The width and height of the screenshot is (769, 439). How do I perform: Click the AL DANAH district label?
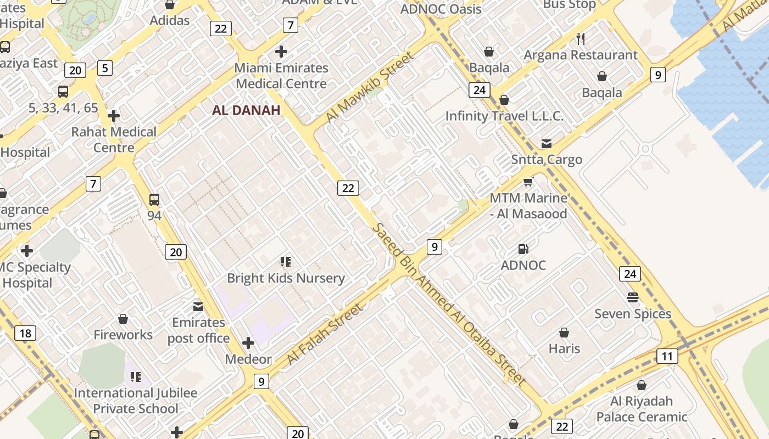pyautogui.click(x=246, y=110)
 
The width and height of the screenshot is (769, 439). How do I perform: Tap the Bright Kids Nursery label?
pyautogui.click(x=286, y=278)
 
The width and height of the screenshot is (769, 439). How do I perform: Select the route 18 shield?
pyautogui.click(x=25, y=333)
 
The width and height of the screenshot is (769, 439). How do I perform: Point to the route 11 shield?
pyautogui.click(x=667, y=356)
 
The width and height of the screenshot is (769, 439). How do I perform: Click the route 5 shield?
pyautogui.click(x=104, y=68)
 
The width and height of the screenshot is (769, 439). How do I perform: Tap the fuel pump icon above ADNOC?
pyautogui.click(x=523, y=249)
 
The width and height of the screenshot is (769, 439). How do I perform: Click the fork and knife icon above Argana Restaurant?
pyautogui.click(x=581, y=38)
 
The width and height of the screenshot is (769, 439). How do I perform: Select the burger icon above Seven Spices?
pyautogui.click(x=633, y=297)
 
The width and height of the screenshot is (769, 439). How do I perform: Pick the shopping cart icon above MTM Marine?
pyautogui.click(x=528, y=182)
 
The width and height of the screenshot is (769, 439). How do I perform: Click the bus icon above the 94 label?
pyautogui.click(x=154, y=200)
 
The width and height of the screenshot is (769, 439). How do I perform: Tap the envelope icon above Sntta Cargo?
pyautogui.click(x=547, y=144)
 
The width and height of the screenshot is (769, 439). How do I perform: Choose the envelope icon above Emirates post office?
pyautogui.click(x=198, y=306)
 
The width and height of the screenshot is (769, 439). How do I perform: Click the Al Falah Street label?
pyautogui.click(x=325, y=335)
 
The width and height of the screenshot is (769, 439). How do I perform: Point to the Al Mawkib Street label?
pyautogui.click(x=369, y=88)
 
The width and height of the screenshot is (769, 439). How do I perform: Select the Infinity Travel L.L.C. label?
pyautogui.click(x=504, y=116)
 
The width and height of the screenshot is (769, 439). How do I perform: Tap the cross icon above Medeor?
pyautogui.click(x=248, y=344)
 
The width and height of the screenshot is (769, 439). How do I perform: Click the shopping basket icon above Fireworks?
pyautogui.click(x=123, y=319)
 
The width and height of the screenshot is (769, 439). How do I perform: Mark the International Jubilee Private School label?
pyautogui.click(x=136, y=401)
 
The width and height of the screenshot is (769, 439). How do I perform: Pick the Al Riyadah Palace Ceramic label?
pyautogui.click(x=642, y=409)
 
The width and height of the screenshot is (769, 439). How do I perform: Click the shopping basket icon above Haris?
pyautogui.click(x=564, y=333)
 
